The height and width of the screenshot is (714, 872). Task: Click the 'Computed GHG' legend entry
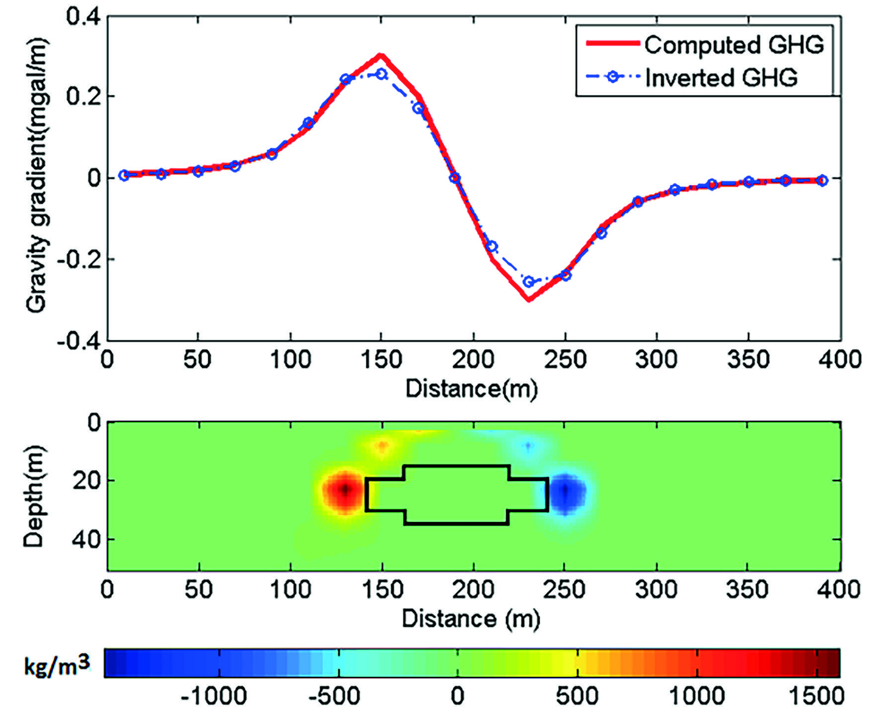[733, 45]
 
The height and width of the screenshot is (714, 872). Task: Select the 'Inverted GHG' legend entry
[721, 77]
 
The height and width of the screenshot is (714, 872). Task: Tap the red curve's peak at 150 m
[381, 56]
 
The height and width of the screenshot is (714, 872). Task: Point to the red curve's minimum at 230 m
[529, 299]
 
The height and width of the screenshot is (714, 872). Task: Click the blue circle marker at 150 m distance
[381, 74]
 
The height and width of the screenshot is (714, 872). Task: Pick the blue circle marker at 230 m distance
[529, 282]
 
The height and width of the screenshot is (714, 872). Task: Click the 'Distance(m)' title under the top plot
[471, 388]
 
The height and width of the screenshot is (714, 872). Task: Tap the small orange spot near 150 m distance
[382, 446]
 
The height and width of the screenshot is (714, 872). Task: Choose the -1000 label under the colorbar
[214, 696]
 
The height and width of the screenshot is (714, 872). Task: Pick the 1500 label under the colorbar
[816, 696]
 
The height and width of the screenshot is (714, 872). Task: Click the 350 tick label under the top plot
[748, 359]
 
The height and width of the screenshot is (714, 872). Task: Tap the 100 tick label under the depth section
[291, 589]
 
